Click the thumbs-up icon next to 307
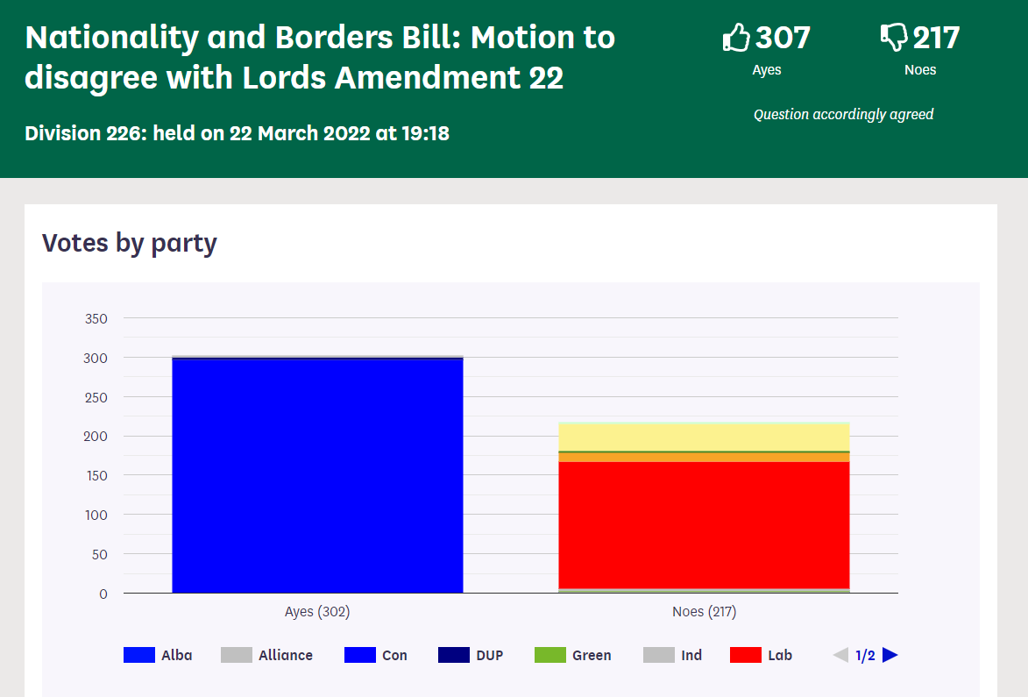(737, 38)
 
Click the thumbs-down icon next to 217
(894, 38)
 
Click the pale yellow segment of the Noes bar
(704, 437)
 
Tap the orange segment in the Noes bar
(704, 457)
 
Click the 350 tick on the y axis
(96, 318)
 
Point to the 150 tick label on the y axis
(96, 475)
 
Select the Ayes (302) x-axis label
(317, 612)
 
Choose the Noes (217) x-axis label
(704, 612)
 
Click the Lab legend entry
(762, 655)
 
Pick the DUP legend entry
(471, 655)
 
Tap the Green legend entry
(573, 655)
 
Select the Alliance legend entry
(266, 655)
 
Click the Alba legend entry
(158, 655)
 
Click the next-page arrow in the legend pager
(890, 655)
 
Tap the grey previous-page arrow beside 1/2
(840, 655)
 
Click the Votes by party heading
(129, 243)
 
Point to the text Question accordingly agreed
(843, 114)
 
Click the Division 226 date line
(237, 133)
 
